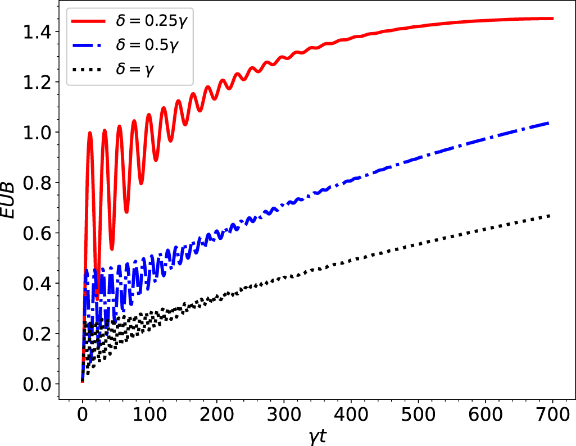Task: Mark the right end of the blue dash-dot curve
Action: click(548, 123)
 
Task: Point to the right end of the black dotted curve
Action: click(548, 216)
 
